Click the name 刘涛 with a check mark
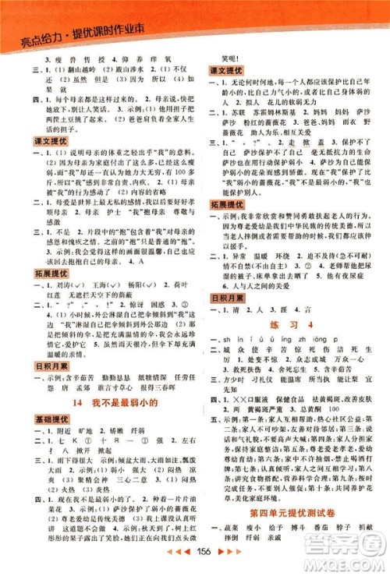click(64, 285)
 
